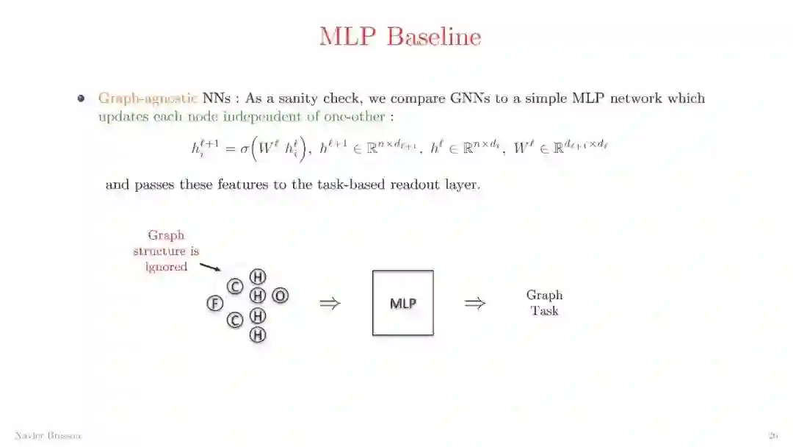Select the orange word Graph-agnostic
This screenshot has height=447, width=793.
[x=148, y=99]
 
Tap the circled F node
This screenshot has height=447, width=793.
[x=214, y=303]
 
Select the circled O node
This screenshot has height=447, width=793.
[x=280, y=296]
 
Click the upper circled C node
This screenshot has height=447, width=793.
[x=235, y=287]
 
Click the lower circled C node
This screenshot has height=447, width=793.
[x=235, y=320]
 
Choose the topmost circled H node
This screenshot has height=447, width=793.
[x=258, y=276]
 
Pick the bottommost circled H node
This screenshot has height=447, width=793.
[x=258, y=335]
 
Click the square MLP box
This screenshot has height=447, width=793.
[x=402, y=303]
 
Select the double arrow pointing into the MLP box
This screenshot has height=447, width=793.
[x=330, y=303]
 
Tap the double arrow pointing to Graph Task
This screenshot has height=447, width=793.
[x=475, y=303]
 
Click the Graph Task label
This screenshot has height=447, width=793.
[x=544, y=303]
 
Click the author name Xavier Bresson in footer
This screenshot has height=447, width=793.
[x=48, y=436]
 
